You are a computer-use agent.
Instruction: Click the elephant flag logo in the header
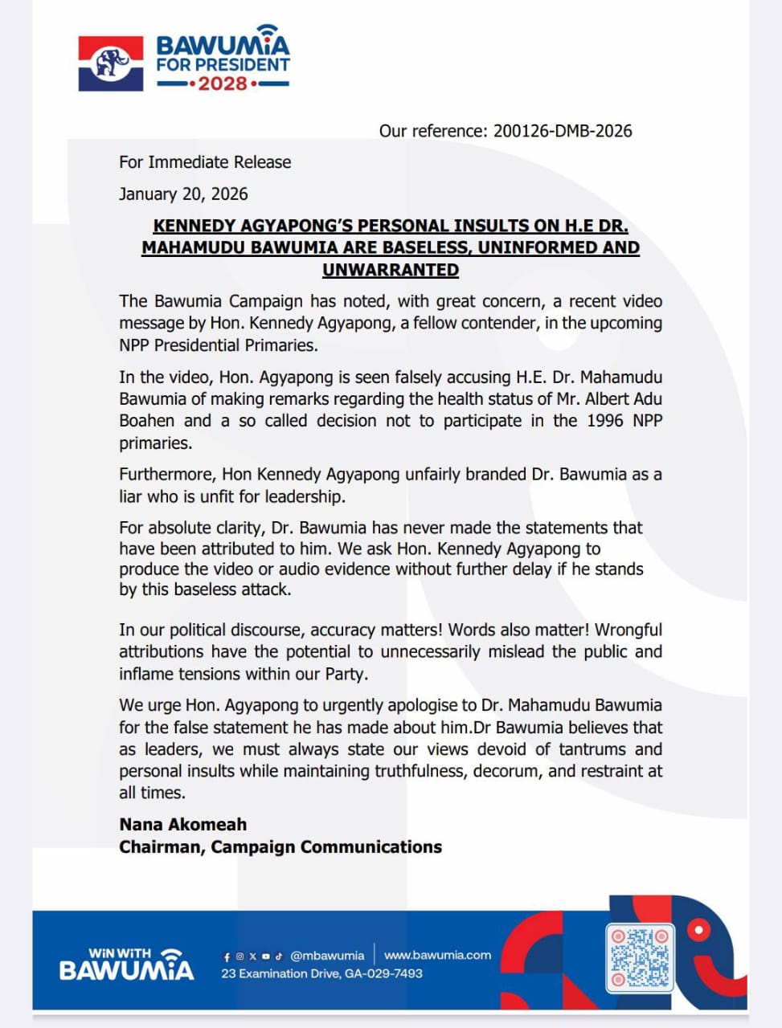click(111, 63)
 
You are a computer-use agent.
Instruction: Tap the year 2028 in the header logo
click(223, 84)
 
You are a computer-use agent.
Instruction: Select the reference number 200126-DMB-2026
click(563, 131)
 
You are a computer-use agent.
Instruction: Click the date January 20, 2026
click(183, 194)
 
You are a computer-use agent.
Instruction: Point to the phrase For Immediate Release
click(205, 162)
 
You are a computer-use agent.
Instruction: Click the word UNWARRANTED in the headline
click(391, 270)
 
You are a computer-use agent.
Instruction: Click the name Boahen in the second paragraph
click(147, 421)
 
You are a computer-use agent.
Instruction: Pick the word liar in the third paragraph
click(132, 496)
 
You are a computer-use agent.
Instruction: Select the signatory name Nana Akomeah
click(183, 824)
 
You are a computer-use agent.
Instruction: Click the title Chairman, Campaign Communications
click(280, 846)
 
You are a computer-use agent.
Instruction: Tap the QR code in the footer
click(640, 957)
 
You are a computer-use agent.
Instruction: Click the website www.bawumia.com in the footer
click(437, 955)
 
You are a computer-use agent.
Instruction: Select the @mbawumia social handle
click(327, 956)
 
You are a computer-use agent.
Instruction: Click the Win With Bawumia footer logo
click(127, 964)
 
